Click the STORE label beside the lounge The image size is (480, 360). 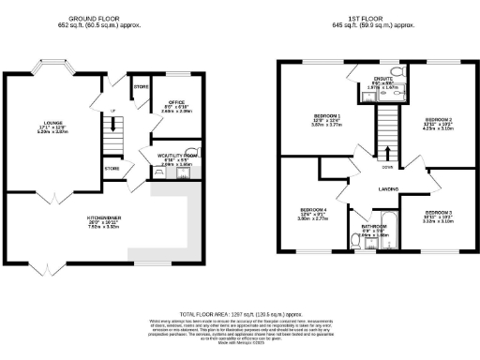(112, 169)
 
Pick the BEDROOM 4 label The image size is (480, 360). (312, 210)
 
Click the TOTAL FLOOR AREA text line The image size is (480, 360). (241, 313)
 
